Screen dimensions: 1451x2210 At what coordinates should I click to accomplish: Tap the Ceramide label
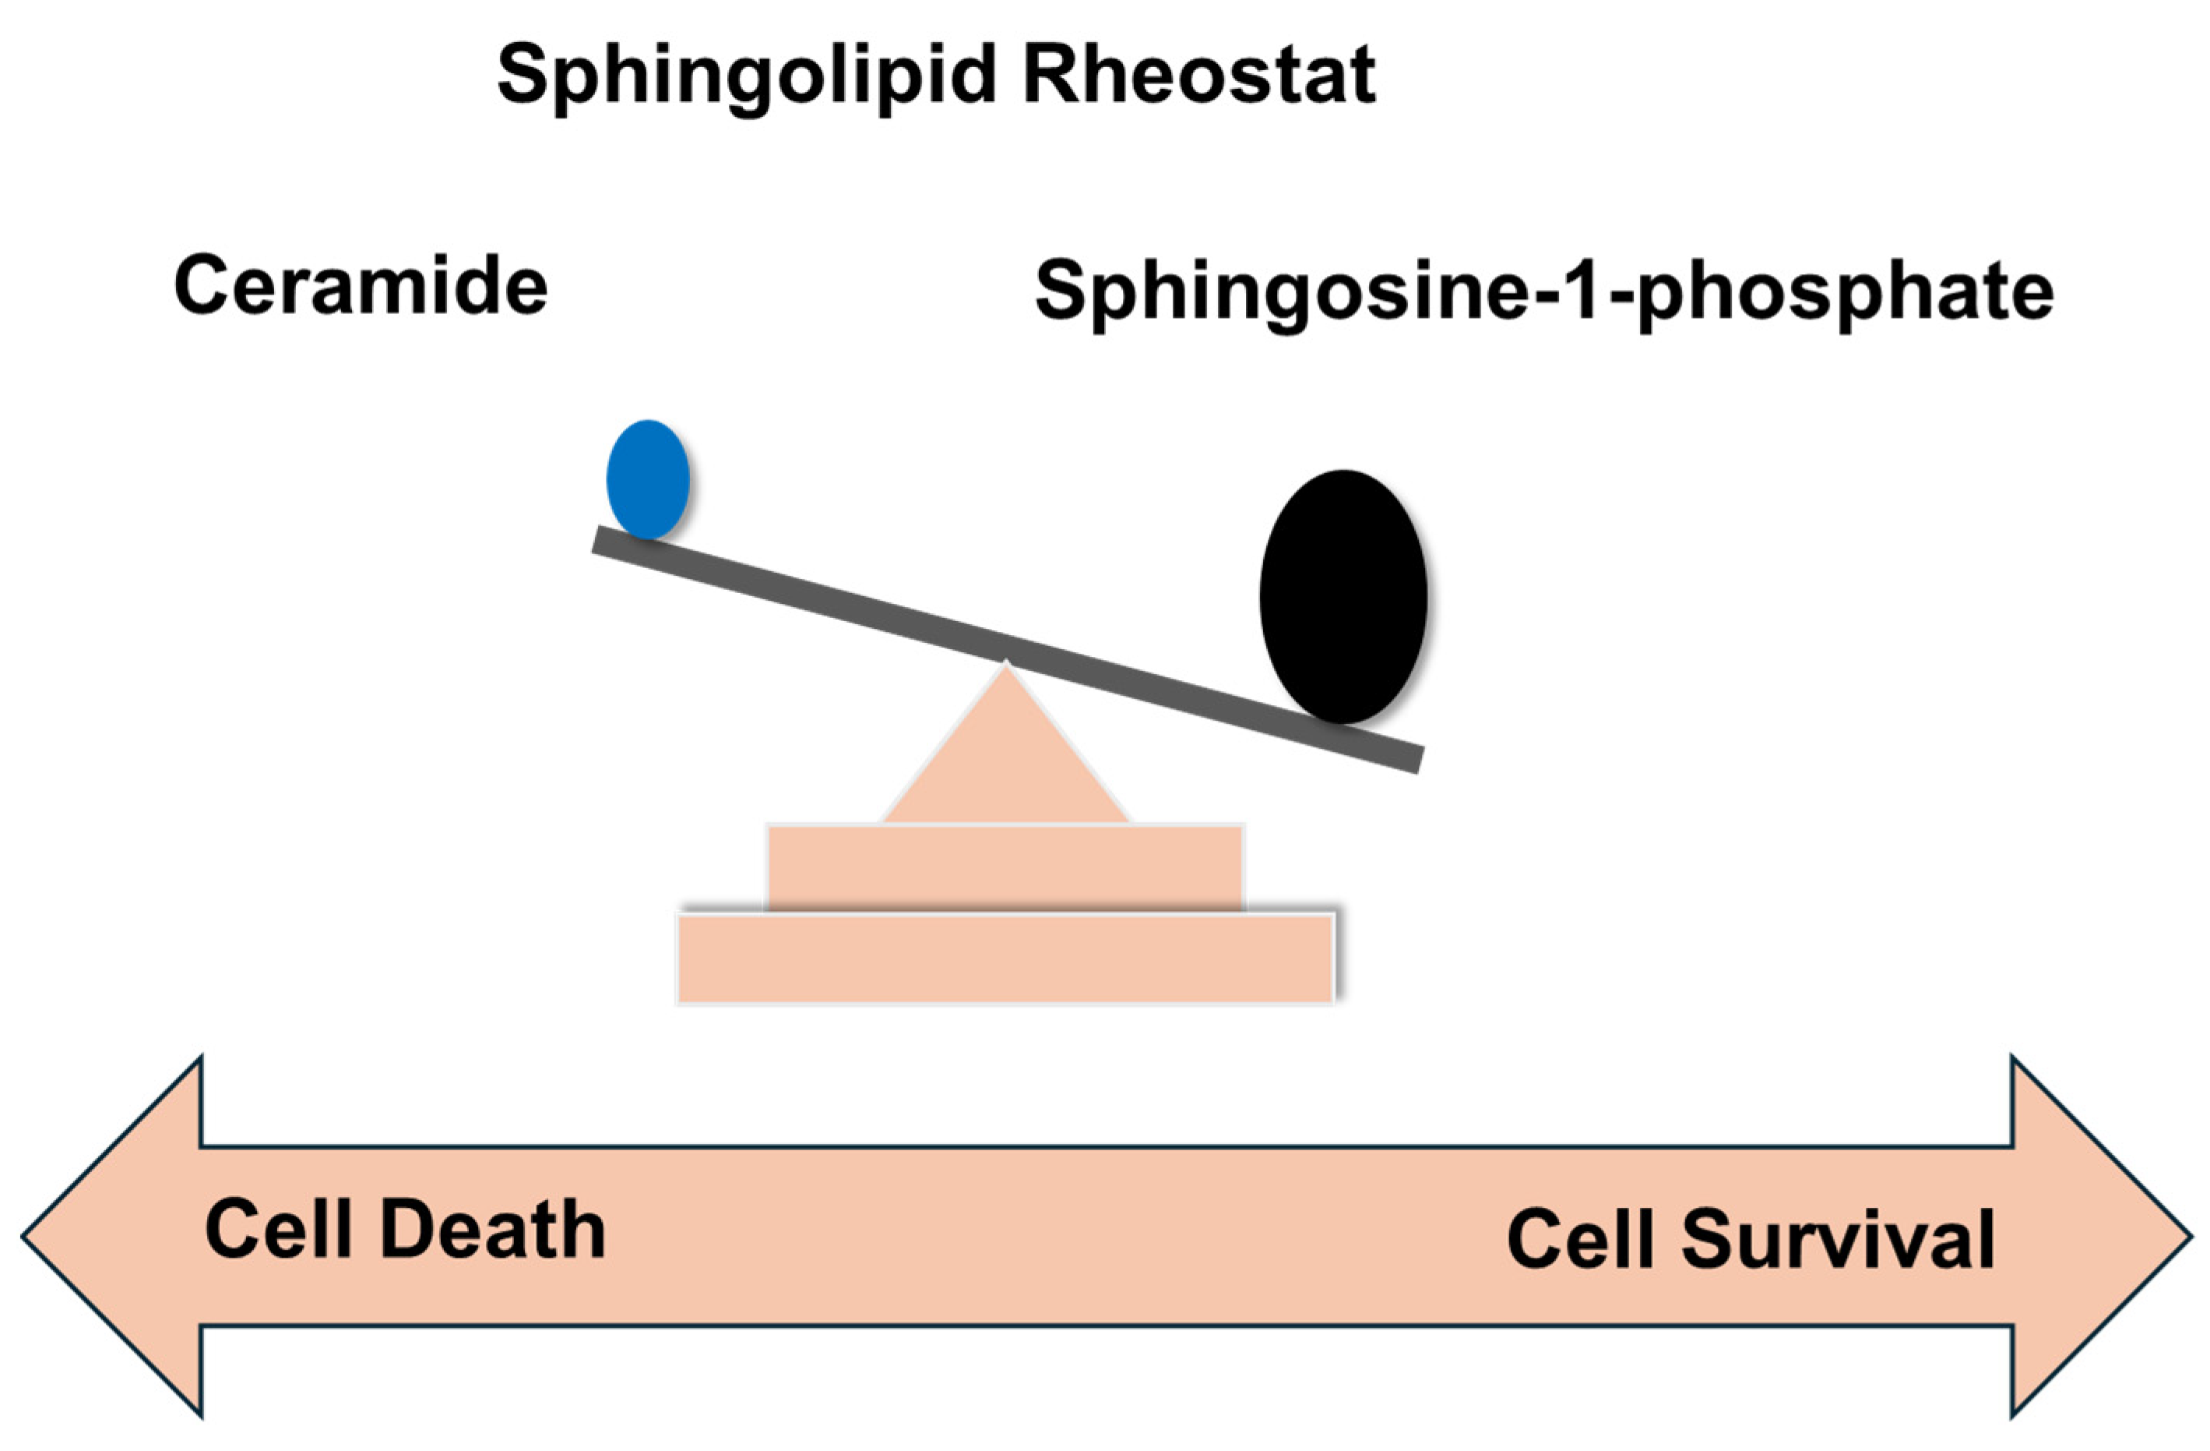click(361, 285)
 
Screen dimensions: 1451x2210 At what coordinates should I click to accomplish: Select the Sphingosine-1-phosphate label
click(1543, 291)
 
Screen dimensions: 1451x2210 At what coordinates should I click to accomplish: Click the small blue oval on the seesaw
click(648, 479)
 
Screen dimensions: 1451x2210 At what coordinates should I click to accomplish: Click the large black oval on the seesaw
click(1343, 596)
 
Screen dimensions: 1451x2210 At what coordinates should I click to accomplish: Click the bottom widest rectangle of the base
click(1005, 959)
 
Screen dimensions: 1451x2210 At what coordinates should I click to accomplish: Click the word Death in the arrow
click(493, 1230)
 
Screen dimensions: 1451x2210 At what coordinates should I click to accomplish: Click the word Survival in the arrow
click(1838, 1240)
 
